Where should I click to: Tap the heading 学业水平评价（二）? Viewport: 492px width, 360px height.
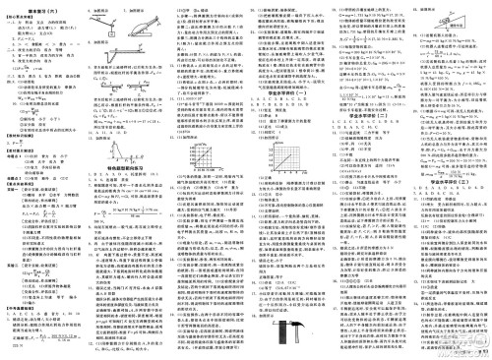tap(360, 100)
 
